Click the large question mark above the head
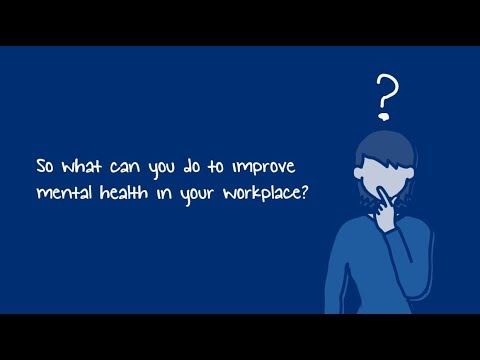pyautogui.click(x=387, y=92)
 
